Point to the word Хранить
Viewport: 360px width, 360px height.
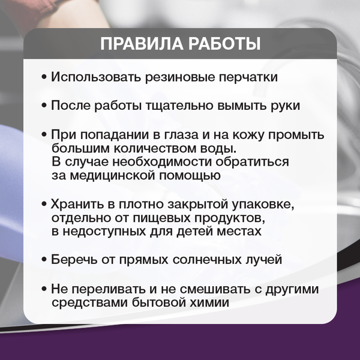point(74,205)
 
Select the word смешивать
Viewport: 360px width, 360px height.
point(214,289)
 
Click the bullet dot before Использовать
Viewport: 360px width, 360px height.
point(44,78)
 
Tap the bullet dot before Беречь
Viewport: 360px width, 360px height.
point(44,261)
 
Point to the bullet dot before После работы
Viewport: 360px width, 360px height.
point(44,106)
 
